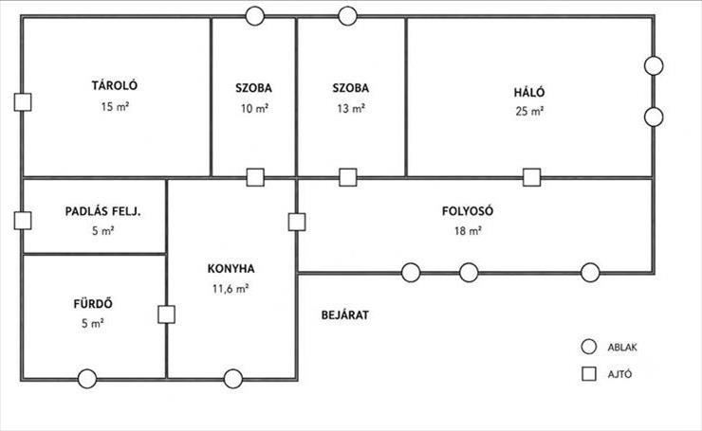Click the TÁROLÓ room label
(115, 85)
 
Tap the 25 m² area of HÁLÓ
(529, 111)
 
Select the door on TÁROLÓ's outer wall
(23, 102)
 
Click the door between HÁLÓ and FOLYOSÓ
(532, 177)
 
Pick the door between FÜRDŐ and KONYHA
(167, 314)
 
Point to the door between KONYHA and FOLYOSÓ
(297, 222)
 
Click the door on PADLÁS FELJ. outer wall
(23, 221)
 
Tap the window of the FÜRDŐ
(87, 379)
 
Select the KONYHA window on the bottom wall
(233, 379)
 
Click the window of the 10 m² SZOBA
(255, 16)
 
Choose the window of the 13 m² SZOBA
(348, 16)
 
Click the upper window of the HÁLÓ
(654, 65)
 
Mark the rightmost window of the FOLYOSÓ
(590, 272)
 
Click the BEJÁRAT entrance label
(345, 315)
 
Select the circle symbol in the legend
(589, 347)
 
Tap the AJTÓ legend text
(619, 374)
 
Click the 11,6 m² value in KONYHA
(231, 289)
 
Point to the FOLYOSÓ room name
(468, 210)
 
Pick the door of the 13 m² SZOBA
(348, 177)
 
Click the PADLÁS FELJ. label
(103, 211)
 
